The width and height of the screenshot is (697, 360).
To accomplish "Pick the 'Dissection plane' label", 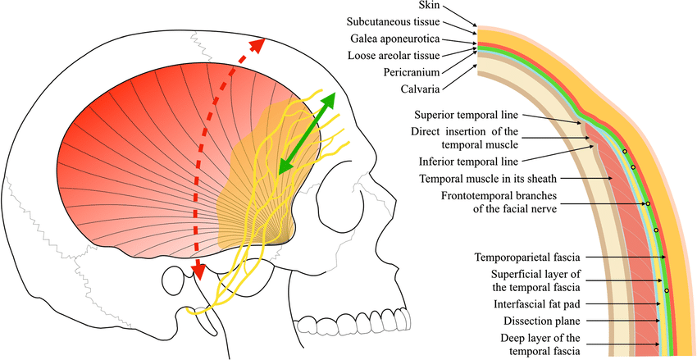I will click(x=553, y=321).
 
